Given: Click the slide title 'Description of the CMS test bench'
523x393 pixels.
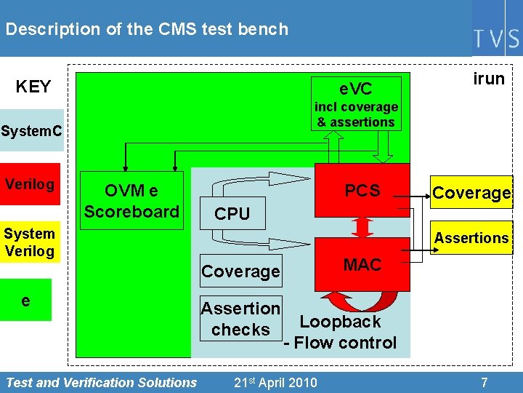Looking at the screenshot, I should point(147,29).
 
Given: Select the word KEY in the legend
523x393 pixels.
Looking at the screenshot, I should point(33,87).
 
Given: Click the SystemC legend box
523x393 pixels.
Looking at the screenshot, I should point(32,131).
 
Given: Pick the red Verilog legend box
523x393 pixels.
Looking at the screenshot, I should point(30,184).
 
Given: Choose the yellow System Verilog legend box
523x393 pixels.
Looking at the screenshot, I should point(30,242).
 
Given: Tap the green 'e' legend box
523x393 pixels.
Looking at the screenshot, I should point(26,300).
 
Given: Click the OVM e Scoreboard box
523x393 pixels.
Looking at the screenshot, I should point(131,201).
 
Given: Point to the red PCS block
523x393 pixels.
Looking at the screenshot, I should point(362,191).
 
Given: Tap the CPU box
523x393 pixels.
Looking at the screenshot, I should point(232,213).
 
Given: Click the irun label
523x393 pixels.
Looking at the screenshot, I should point(489,79).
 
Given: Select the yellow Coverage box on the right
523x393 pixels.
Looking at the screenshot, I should point(471,193).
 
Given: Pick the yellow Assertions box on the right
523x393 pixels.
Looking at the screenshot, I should point(471,238).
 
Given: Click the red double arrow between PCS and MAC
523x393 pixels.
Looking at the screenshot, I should point(362,227).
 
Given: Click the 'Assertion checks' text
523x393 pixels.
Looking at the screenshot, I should point(240,319).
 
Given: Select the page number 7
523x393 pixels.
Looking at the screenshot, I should point(484,382).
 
